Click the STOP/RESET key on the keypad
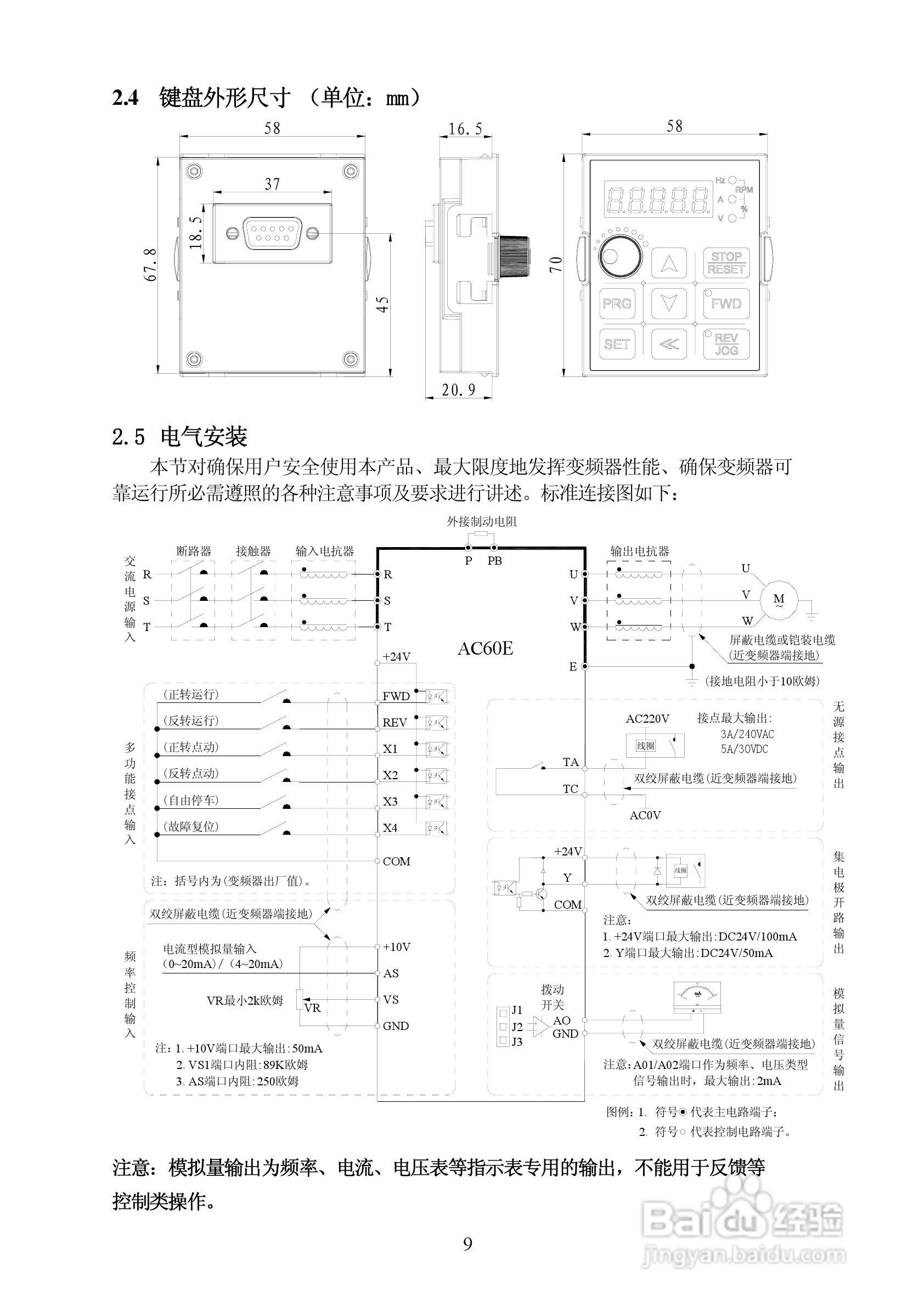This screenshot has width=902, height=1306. [726, 263]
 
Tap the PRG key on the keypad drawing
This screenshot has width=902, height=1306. [617, 303]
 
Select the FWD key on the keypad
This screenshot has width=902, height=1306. [726, 303]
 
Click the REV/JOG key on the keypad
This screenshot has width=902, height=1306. [726, 344]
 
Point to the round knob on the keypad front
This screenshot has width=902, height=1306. [619, 258]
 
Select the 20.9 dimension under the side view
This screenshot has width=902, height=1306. [458, 391]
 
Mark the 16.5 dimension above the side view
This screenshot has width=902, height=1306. [465, 130]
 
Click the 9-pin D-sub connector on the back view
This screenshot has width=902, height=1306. [272, 232]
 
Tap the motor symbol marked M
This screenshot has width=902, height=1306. [779, 600]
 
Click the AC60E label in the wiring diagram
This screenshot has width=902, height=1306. [486, 648]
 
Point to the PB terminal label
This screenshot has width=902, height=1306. [495, 561]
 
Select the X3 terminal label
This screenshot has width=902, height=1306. [391, 801]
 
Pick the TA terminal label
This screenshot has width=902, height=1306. [571, 762]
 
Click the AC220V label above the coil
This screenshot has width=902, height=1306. [647, 719]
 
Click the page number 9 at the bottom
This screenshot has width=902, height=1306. [468, 1243]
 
